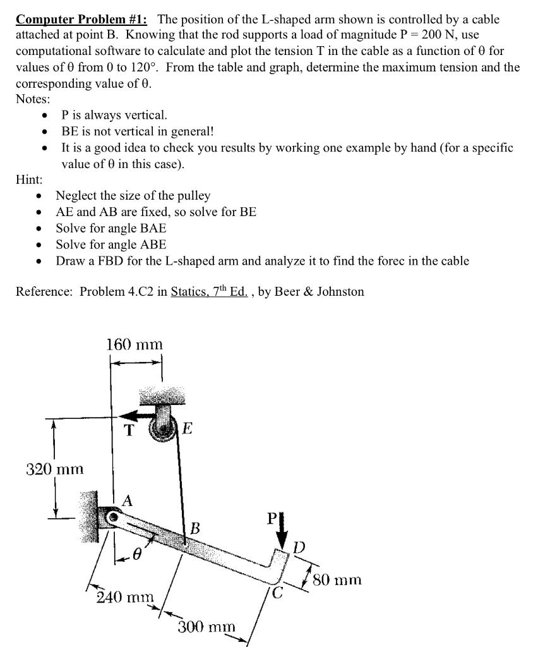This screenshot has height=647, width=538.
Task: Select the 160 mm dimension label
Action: coord(134,345)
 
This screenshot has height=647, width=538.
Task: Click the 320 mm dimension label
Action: coord(55,469)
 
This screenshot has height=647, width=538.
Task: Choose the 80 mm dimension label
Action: coord(340,579)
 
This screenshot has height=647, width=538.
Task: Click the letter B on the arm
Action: coord(196,528)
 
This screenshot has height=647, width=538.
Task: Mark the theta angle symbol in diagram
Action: coord(136,555)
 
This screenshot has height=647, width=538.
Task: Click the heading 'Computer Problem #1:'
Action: coord(80,18)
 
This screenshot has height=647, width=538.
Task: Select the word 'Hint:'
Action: coord(29,179)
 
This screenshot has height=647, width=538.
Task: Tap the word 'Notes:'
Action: coord(33,99)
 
